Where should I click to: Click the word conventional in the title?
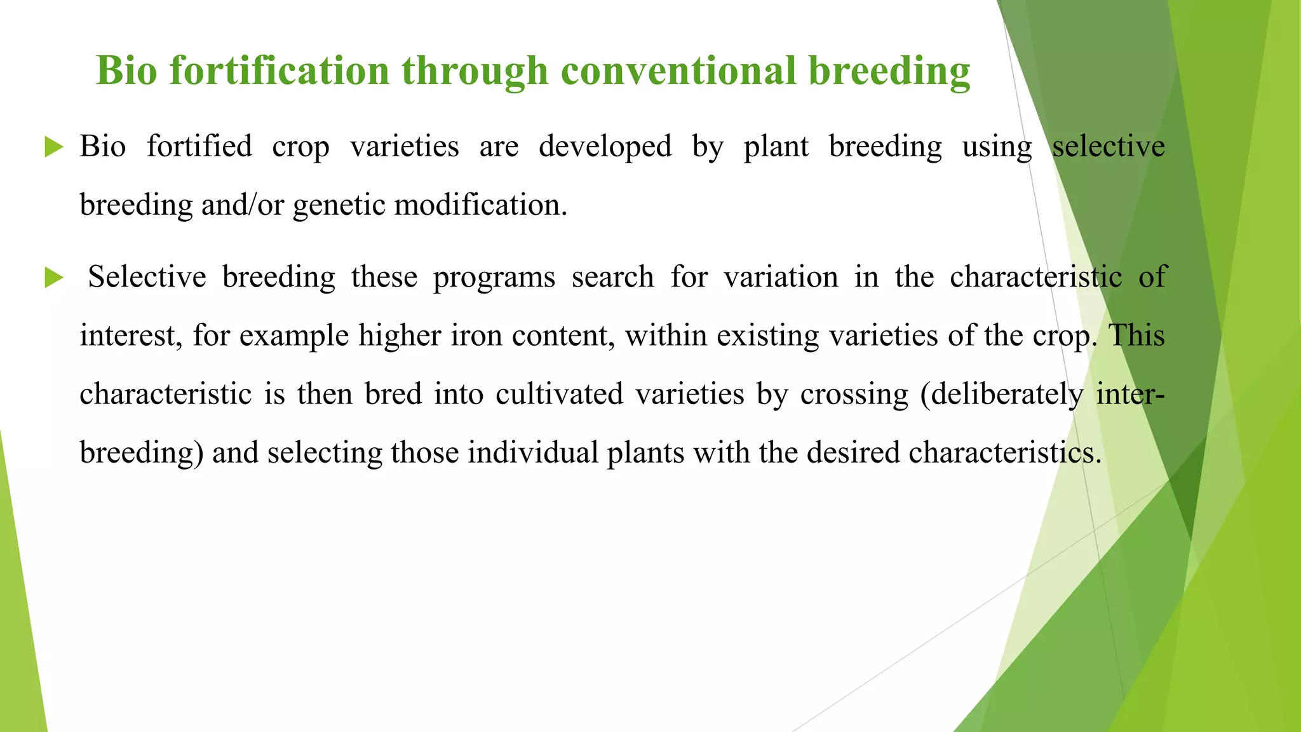[x=678, y=70]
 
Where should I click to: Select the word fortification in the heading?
[x=279, y=70]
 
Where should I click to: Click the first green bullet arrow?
[x=54, y=148]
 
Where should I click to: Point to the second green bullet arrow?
[x=54, y=278]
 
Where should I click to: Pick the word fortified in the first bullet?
[x=199, y=147]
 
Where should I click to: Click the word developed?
[x=605, y=147]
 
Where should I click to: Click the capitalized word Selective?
[x=147, y=277]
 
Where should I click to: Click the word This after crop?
[x=1136, y=335]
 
